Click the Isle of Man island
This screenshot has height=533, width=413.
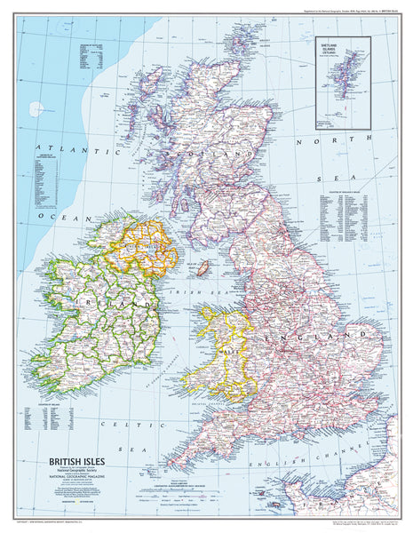pyautogui.click(x=203, y=266)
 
